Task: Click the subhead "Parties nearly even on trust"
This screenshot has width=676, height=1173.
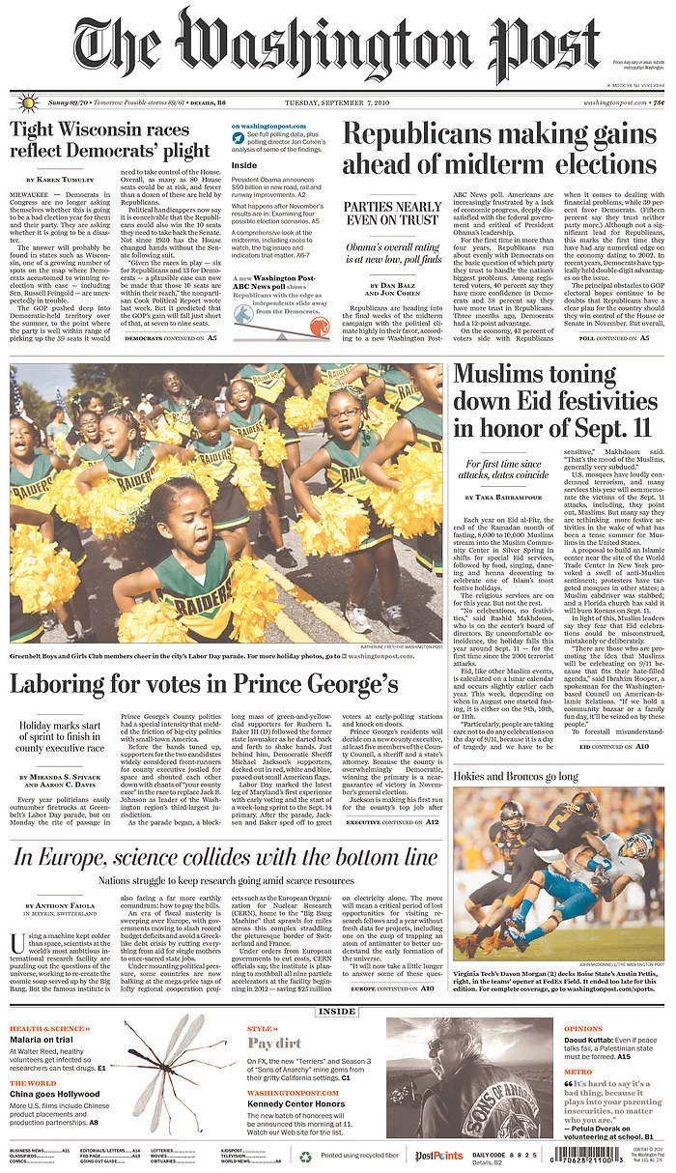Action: [393, 214]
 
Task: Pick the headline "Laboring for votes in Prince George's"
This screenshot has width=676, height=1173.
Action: [204, 684]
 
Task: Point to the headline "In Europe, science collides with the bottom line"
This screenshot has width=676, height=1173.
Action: [225, 857]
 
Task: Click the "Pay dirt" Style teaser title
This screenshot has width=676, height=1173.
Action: [274, 1044]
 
